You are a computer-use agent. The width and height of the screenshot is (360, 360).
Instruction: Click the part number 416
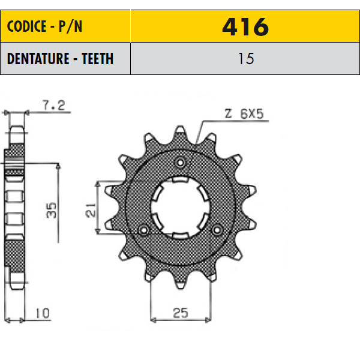[x=245, y=27]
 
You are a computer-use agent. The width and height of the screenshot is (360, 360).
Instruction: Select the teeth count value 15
[x=246, y=59]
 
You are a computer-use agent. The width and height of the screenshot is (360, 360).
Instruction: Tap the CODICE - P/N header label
[x=44, y=26]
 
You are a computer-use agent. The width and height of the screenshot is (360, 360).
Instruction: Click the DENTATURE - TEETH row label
[x=60, y=59]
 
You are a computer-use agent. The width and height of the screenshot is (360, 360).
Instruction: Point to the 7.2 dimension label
[x=54, y=106]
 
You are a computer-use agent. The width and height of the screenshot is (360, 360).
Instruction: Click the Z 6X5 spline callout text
[x=244, y=114]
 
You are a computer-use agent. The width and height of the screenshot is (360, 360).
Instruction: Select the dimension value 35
[x=51, y=210]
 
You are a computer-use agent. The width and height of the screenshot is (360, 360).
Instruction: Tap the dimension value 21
[x=91, y=209]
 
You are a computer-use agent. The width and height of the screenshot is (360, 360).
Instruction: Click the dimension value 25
[x=181, y=313]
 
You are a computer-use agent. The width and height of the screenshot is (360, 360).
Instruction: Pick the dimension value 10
[x=43, y=313]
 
